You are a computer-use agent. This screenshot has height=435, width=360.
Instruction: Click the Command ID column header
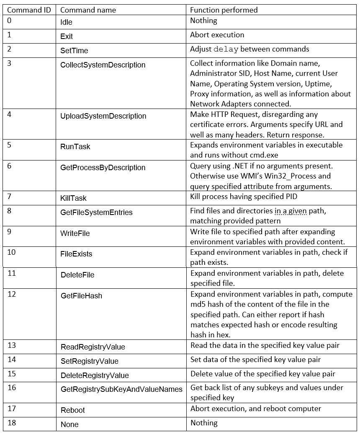tap(29, 10)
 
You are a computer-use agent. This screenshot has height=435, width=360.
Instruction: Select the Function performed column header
tap(224, 10)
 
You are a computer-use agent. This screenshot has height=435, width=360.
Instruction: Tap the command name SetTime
tap(74, 51)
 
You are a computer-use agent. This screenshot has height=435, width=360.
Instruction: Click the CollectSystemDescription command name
tap(103, 65)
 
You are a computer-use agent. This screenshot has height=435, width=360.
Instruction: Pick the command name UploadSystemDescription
tap(103, 116)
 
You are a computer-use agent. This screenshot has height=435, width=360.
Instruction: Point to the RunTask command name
tap(75, 147)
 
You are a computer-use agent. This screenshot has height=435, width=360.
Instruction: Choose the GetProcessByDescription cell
tap(103, 168)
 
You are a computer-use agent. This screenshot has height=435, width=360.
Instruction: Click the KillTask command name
tap(73, 198)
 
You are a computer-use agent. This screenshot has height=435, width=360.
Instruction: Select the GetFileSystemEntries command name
tap(96, 212)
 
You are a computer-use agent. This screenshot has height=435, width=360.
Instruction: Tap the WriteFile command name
tap(75, 233)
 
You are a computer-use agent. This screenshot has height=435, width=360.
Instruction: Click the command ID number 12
tap(12, 294)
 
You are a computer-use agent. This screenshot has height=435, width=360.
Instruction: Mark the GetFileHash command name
tap(81, 296)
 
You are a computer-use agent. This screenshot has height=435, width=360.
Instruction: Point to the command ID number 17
tap(12, 408)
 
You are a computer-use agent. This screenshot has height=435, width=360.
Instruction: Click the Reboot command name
tap(73, 410)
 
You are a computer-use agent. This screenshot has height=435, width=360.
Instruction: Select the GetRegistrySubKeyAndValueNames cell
tap(121, 389)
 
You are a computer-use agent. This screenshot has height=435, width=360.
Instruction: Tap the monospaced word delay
tap(226, 49)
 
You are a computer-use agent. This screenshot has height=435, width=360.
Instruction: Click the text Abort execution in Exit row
tap(217, 35)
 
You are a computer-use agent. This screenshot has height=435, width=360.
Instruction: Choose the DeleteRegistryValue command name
tap(95, 375)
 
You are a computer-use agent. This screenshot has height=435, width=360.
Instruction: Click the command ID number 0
tap(10, 20)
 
